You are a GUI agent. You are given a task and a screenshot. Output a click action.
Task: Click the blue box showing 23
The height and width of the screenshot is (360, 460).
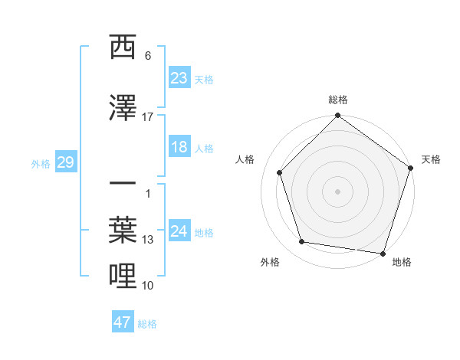[x=179, y=78]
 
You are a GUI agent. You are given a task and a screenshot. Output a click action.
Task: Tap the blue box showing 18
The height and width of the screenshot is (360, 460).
[x=179, y=148]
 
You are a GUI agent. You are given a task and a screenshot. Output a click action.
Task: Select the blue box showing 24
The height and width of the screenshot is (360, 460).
[x=179, y=231]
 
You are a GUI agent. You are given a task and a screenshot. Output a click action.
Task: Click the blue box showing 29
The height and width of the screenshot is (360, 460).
[x=65, y=162]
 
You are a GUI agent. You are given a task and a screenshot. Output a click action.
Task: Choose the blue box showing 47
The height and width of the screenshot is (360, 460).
[x=123, y=322]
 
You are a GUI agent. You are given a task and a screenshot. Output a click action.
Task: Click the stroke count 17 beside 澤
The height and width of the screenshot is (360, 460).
[x=148, y=117]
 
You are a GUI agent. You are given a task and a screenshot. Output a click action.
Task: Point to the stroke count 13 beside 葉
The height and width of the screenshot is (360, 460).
[x=148, y=240]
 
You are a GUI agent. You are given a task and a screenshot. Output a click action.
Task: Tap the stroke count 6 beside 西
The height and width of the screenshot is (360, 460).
[x=148, y=56]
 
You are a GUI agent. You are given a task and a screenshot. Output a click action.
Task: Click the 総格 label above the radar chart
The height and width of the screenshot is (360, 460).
[x=338, y=100]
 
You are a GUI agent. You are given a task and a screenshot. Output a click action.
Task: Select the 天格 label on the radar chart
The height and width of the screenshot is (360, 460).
[x=431, y=159]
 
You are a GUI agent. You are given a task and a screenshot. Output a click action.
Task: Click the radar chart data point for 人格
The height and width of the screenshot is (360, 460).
[x=280, y=172]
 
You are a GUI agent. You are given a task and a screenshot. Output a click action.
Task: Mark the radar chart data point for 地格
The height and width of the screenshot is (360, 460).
[x=383, y=253]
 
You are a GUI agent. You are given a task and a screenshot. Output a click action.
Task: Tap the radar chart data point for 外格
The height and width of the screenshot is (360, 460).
[x=302, y=242]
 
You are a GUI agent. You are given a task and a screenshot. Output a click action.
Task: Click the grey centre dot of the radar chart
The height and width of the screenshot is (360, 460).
[x=338, y=191]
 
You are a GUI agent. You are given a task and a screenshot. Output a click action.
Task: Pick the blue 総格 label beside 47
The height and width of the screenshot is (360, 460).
[x=147, y=324]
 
